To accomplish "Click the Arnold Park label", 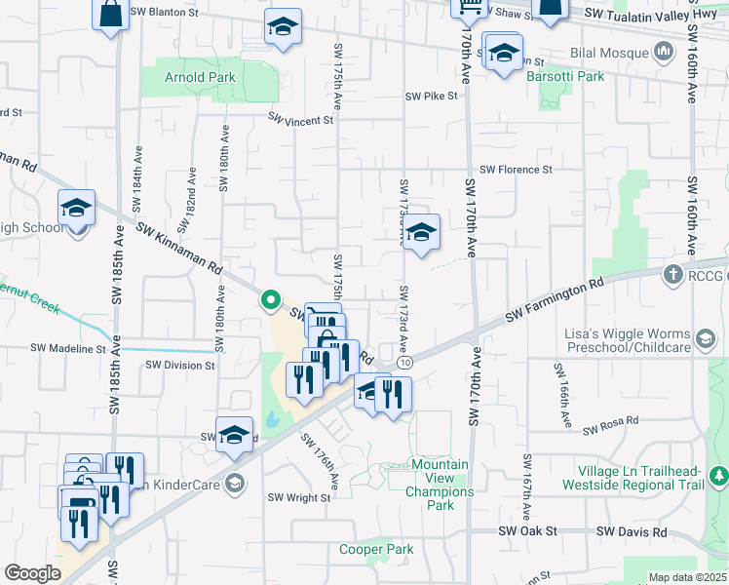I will click(x=200, y=77).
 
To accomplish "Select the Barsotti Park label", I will click(x=565, y=76).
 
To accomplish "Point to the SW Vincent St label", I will click(x=301, y=120).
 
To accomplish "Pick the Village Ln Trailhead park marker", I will click(x=719, y=476).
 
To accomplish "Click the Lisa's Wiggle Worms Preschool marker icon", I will click(x=704, y=339).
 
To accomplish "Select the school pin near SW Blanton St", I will click(x=283, y=28).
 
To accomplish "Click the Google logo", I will click(x=32, y=573).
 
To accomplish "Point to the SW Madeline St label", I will click(x=68, y=348).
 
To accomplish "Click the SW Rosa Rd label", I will click(x=611, y=425).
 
